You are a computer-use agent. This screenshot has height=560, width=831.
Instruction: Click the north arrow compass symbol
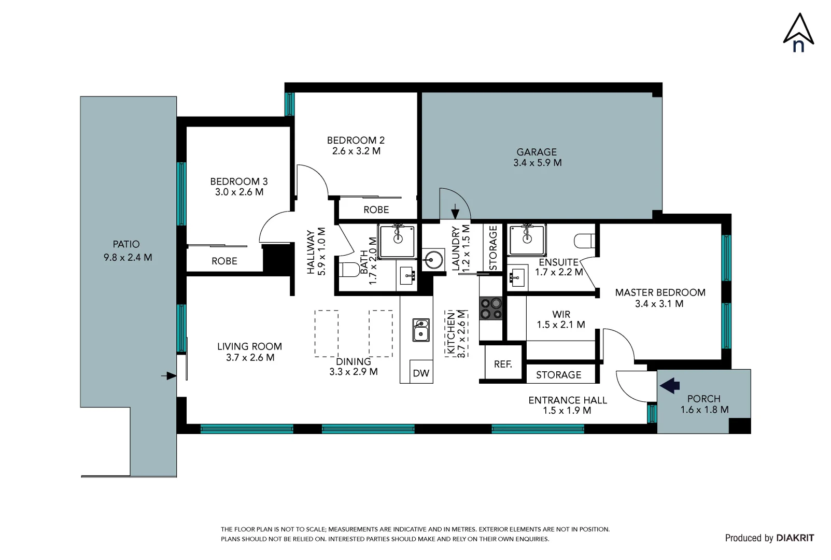tap(798, 33)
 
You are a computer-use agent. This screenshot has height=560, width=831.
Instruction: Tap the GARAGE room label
tap(537, 152)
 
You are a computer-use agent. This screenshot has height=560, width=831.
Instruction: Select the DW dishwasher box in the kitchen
tap(421, 372)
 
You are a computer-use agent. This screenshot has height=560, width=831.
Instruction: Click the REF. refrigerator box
tap(503, 364)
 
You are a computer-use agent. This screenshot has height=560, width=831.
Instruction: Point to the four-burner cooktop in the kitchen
tap(490, 308)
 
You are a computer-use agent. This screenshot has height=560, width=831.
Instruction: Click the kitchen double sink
tap(421, 330)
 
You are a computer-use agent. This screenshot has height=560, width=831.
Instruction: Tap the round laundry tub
tap(433, 259)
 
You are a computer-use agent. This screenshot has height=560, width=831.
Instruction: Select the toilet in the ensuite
tap(584, 241)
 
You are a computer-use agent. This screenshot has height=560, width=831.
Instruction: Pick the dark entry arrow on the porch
tap(670, 385)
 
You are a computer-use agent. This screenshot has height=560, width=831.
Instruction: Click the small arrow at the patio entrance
tap(168, 375)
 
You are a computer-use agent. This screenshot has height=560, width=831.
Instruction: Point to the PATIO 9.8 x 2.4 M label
tap(127, 250)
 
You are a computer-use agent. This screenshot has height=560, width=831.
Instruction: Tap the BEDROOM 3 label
tap(239, 181)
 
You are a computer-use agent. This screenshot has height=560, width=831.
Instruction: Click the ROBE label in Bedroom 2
tap(376, 209)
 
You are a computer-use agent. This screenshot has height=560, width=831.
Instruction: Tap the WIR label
tap(561, 314)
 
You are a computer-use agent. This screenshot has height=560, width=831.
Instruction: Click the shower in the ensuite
tap(527, 240)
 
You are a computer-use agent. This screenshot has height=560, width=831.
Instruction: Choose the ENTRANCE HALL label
tap(568, 400)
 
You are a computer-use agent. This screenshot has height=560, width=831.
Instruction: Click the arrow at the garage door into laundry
tap(455, 212)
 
